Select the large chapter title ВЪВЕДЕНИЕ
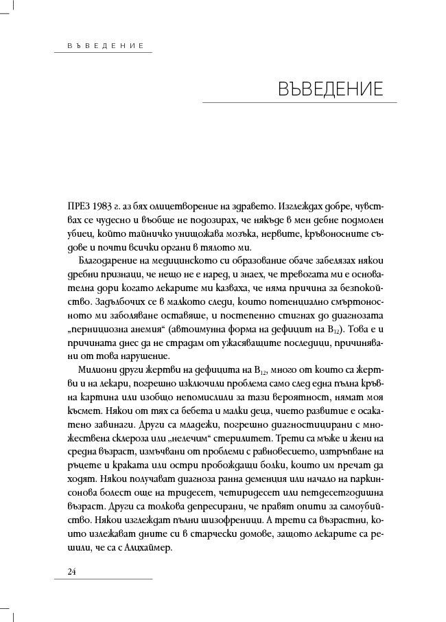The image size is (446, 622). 331,89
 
